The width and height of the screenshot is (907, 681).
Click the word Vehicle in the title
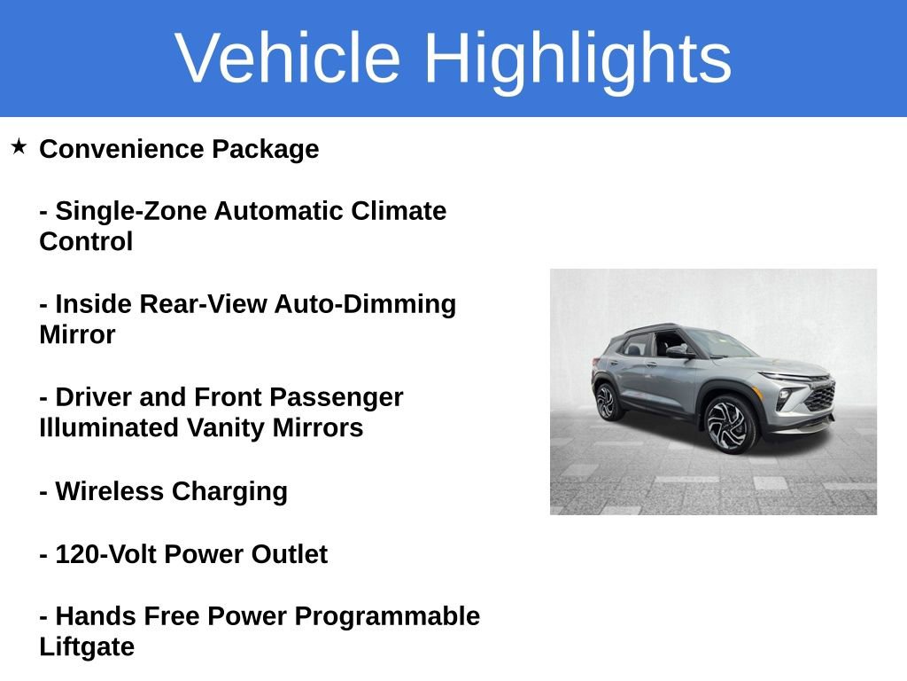[288, 59]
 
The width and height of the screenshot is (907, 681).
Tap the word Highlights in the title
[577, 59]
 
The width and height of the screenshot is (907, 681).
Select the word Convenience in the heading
[121, 149]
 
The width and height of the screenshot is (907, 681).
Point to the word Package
[265, 149]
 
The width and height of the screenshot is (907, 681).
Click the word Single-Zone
[130, 211]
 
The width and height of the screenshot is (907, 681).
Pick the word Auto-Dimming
[365, 304]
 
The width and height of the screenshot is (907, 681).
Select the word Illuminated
[109, 427]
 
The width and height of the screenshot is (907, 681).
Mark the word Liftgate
[87, 646]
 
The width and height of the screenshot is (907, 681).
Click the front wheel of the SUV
[731, 424]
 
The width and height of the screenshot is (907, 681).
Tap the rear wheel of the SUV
[608, 402]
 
